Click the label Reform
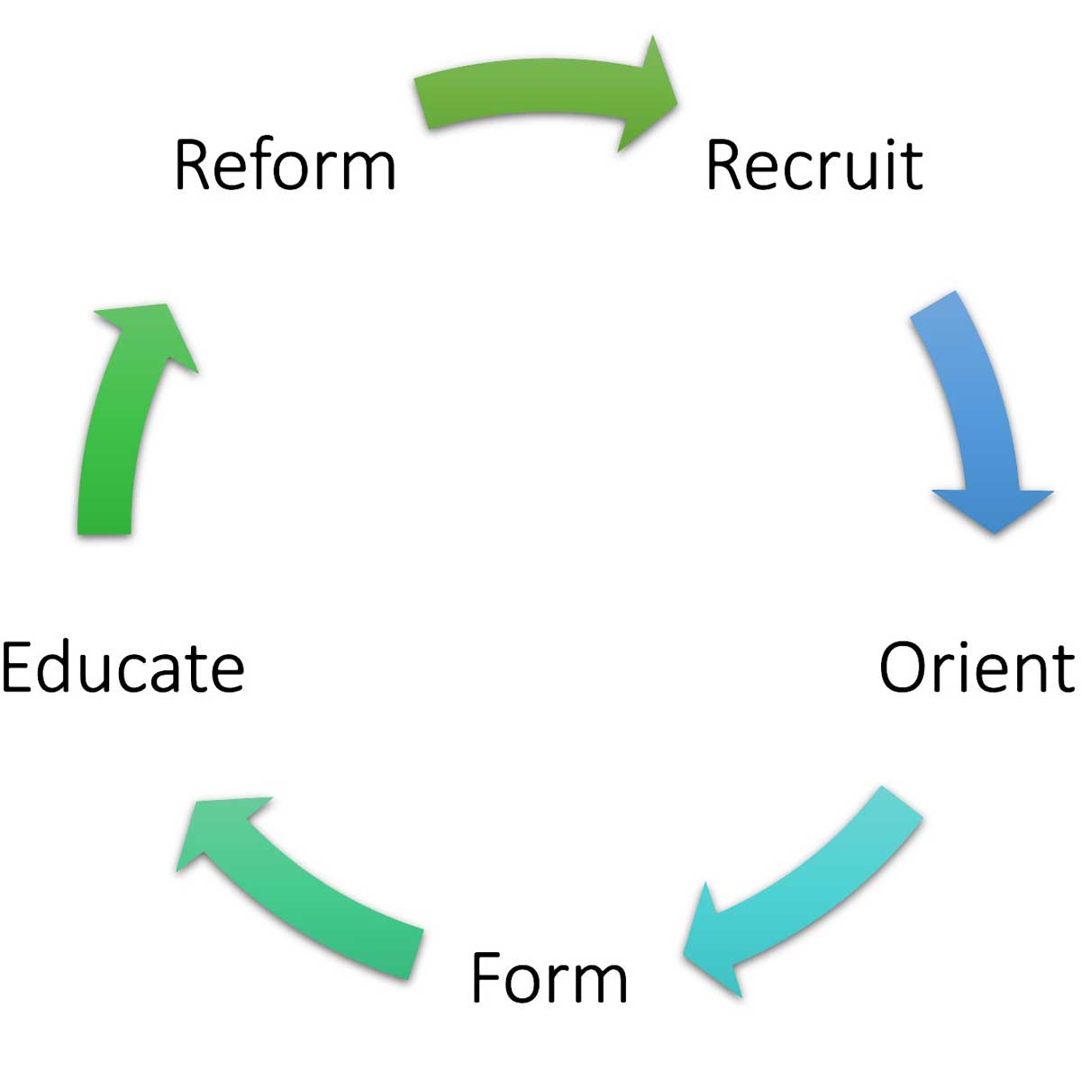pos(285,165)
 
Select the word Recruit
pos(814,165)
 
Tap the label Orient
pos(977,668)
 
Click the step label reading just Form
pos(549,978)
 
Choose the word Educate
pos(123,668)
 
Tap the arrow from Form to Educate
pos(306,892)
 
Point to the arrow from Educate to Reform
pos(117,423)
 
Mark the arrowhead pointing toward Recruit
pos(649,95)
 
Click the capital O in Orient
pos(904,668)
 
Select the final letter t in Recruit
pos(913,167)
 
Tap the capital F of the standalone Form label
pos(487,978)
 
